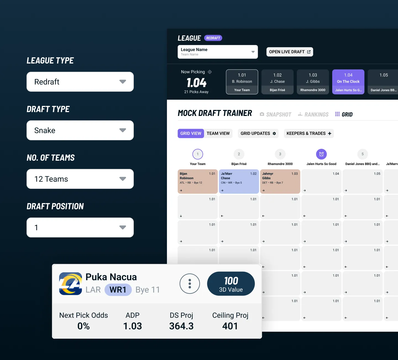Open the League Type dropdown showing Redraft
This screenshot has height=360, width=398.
tap(80, 82)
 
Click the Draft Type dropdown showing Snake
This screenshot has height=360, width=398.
tap(80, 130)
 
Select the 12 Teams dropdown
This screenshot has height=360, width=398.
tap(80, 179)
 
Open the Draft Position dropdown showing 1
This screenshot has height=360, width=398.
tap(80, 227)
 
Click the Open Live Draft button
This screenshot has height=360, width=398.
tap(290, 52)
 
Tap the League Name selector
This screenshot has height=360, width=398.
tap(218, 52)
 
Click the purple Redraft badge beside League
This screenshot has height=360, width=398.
tap(213, 38)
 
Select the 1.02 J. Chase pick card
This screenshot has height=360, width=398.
tap(277, 82)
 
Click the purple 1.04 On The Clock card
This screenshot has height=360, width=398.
tap(348, 82)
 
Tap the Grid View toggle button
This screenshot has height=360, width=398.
tap(191, 133)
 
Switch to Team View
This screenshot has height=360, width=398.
tap(218, 133)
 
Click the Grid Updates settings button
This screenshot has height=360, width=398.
tap(258, 133)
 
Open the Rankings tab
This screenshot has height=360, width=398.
tap(313, 114)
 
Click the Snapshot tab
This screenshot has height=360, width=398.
tap(275, 114)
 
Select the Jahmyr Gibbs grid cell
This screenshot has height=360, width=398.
tap(280, 181)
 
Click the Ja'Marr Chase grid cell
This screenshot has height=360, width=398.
tap(239, 181)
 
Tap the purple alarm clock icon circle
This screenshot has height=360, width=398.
tap(321, 154)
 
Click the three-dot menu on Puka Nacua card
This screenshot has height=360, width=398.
tap(190, 284)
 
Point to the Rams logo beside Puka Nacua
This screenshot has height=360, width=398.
tap(70, 284)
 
